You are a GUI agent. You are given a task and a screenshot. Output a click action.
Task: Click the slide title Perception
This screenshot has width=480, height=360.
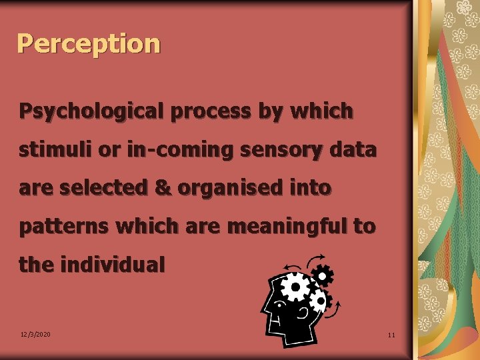(89, 44)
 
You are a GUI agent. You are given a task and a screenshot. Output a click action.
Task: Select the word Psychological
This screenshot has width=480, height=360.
(91, 111)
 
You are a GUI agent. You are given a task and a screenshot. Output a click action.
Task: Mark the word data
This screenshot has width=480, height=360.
(352, 149)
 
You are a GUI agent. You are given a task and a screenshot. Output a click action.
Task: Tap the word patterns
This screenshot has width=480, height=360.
(64, 227)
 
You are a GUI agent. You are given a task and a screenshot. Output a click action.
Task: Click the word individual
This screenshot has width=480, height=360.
(112, 265)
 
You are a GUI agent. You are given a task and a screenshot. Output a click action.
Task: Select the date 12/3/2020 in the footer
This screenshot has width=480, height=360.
(35, 334)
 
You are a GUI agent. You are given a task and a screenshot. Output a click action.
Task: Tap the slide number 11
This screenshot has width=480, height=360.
(391, 335)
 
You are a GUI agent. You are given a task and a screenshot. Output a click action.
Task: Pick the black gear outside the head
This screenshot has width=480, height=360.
(323, 275)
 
